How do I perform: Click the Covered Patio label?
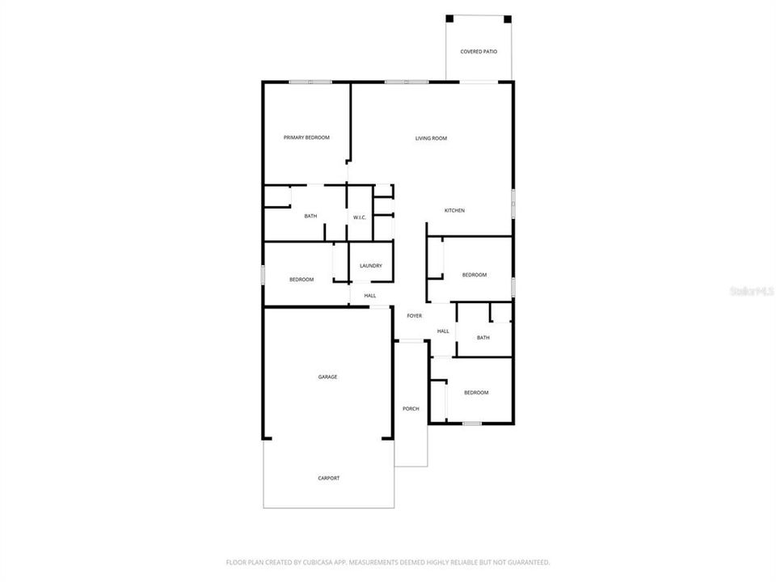tap(479, 52)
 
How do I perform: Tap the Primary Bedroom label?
tap(306, 138)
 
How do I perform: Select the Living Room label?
tap(431, 138)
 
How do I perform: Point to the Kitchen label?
tap(454, 211)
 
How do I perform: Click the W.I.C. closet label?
tap(360, 217)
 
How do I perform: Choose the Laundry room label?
tap(371, 266)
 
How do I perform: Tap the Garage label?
tap(327, 377)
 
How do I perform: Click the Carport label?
tap(328, 478)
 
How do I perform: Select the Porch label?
tap(411, 409)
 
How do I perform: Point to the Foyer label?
tap(414, 316)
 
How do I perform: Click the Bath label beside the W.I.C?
tap(310, 217)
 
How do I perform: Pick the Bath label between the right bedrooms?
tap(483, 338)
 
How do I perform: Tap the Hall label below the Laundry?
tap(369, 296)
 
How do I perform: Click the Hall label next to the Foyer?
tap(443, 331)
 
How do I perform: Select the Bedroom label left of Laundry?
tap(302, 280)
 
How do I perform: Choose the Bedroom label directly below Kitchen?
tap(474, 275)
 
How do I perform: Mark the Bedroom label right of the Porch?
tap(476, 393)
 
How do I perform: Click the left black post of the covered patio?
tap(450, 19)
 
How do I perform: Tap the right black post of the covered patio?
tap(508, 19)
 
